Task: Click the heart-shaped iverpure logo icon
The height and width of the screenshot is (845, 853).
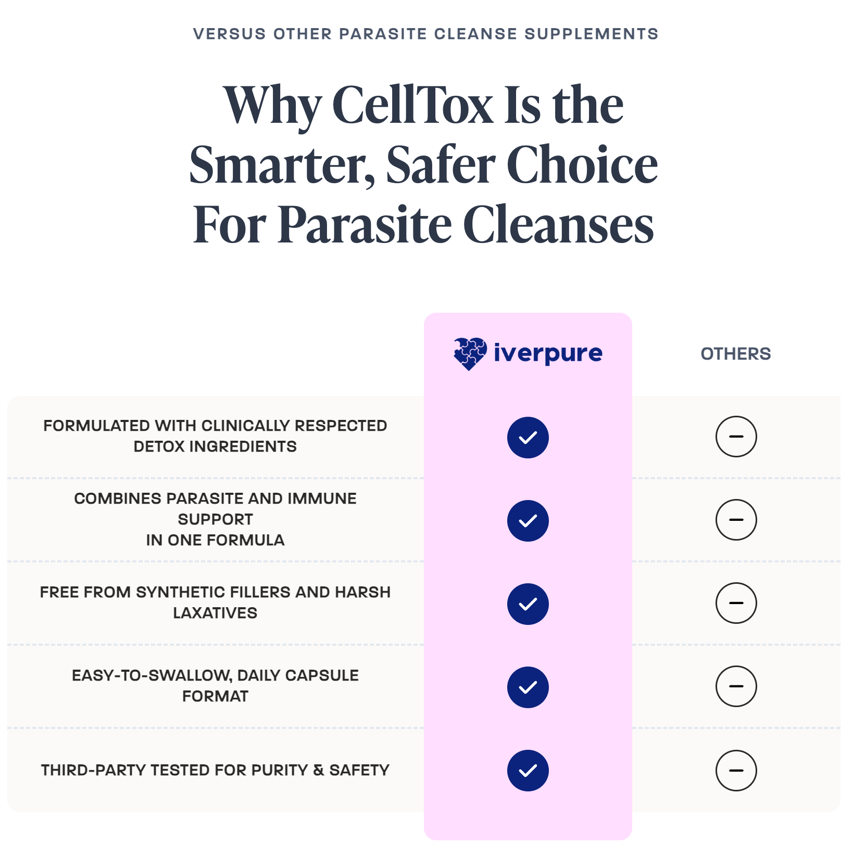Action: (x=470, y=354)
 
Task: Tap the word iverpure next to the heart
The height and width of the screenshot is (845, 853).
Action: (x=548, y=353)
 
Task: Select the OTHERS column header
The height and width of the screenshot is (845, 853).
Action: (x=735, y=354)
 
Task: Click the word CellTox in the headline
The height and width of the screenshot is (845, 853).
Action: (x=412, y=105)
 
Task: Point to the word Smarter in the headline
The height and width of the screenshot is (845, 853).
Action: (x=282, y=165)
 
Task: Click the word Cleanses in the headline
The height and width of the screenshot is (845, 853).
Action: (x=558, y=225)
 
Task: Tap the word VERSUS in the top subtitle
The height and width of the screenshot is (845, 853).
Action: (x=230, y=34)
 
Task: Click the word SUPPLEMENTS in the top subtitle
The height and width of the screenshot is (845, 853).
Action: (x=591, y=34)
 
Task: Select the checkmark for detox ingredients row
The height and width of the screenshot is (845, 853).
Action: (x=528, y=438)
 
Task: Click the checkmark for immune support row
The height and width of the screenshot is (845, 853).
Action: (x=528, y=521)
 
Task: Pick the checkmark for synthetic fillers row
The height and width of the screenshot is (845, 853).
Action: (x=528, y=604)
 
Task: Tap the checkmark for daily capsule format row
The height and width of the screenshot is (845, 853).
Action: (x=528, y=687)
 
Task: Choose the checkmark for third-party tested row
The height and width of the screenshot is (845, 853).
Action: (x=528, y=771)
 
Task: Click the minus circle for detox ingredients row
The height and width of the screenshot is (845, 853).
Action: (x=736, y=437)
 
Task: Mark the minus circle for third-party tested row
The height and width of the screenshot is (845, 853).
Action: (x=736, y=771)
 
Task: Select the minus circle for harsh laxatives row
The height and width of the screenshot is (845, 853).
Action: (x=736, y=603)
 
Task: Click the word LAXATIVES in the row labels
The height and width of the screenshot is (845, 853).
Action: (x=215, y=613)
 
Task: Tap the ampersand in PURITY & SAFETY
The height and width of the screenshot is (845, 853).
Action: (x=319, y=770)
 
